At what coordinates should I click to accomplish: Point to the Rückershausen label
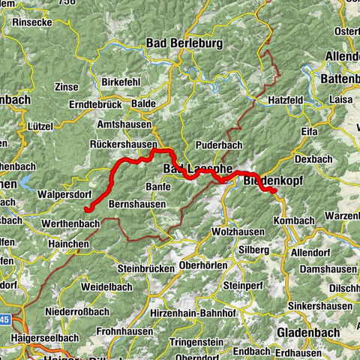click(x=126, y=144)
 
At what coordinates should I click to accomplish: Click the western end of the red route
click(x=85, y=209)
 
